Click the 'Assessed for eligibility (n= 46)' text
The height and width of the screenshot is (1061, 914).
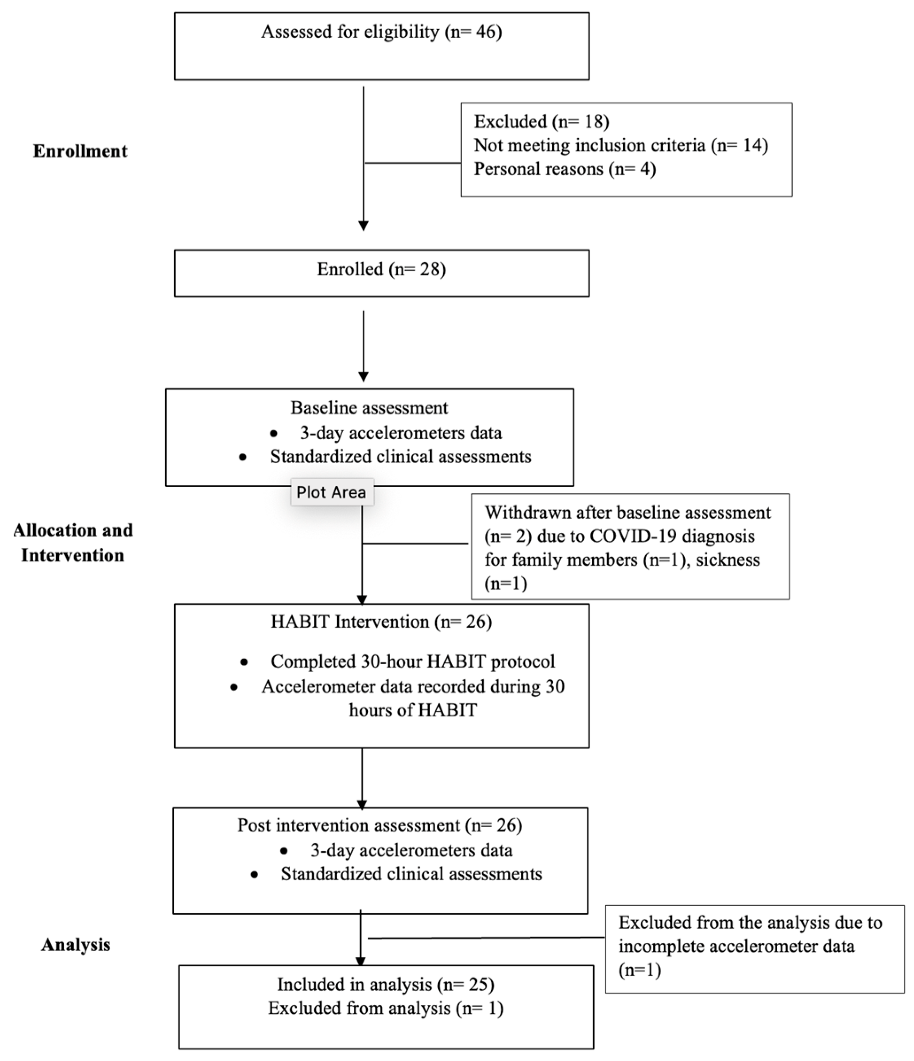click(x=381, y=32)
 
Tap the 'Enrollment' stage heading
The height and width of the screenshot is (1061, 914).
click(x=81, y=151)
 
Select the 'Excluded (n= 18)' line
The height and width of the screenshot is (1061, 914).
click(x=541, y=122)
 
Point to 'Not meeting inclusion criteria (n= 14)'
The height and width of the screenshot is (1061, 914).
click(x=620, y=145)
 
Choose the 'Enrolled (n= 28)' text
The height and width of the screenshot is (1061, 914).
click(x=381, y=269)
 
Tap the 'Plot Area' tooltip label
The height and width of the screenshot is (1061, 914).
click(x=331, y=492)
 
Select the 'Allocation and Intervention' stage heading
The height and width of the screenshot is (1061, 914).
click(x=73, y=543)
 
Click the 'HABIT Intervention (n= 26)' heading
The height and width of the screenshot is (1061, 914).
click(x=381, y=622)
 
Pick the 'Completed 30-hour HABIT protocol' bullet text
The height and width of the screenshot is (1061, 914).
click(x=413, y=662)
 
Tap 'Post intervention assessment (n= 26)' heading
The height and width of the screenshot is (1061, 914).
click(x=380, y=825)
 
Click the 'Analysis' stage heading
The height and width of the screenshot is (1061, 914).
click(x=76, y=945)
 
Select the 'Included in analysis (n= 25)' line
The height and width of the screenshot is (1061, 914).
click(x=386, y=984)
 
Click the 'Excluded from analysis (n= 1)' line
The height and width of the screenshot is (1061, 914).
click(x=386, y=1008)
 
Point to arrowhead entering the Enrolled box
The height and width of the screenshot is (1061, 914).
click(x=364, y=226)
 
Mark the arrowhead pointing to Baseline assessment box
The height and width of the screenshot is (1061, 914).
click(x=364, y=377)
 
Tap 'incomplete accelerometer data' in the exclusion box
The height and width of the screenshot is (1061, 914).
click(x=736, y=946)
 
